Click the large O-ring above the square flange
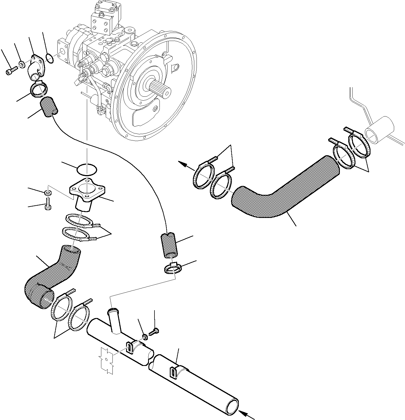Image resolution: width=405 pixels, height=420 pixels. (x=87, y=169)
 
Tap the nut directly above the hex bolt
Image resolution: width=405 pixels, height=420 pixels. (x=48, y=192)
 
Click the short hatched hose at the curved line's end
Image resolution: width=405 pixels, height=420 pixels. (x=169, y=245)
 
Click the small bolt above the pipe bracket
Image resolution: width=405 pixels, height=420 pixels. (x=154, y=331)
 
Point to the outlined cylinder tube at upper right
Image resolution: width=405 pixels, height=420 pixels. (x=380, y=130)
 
